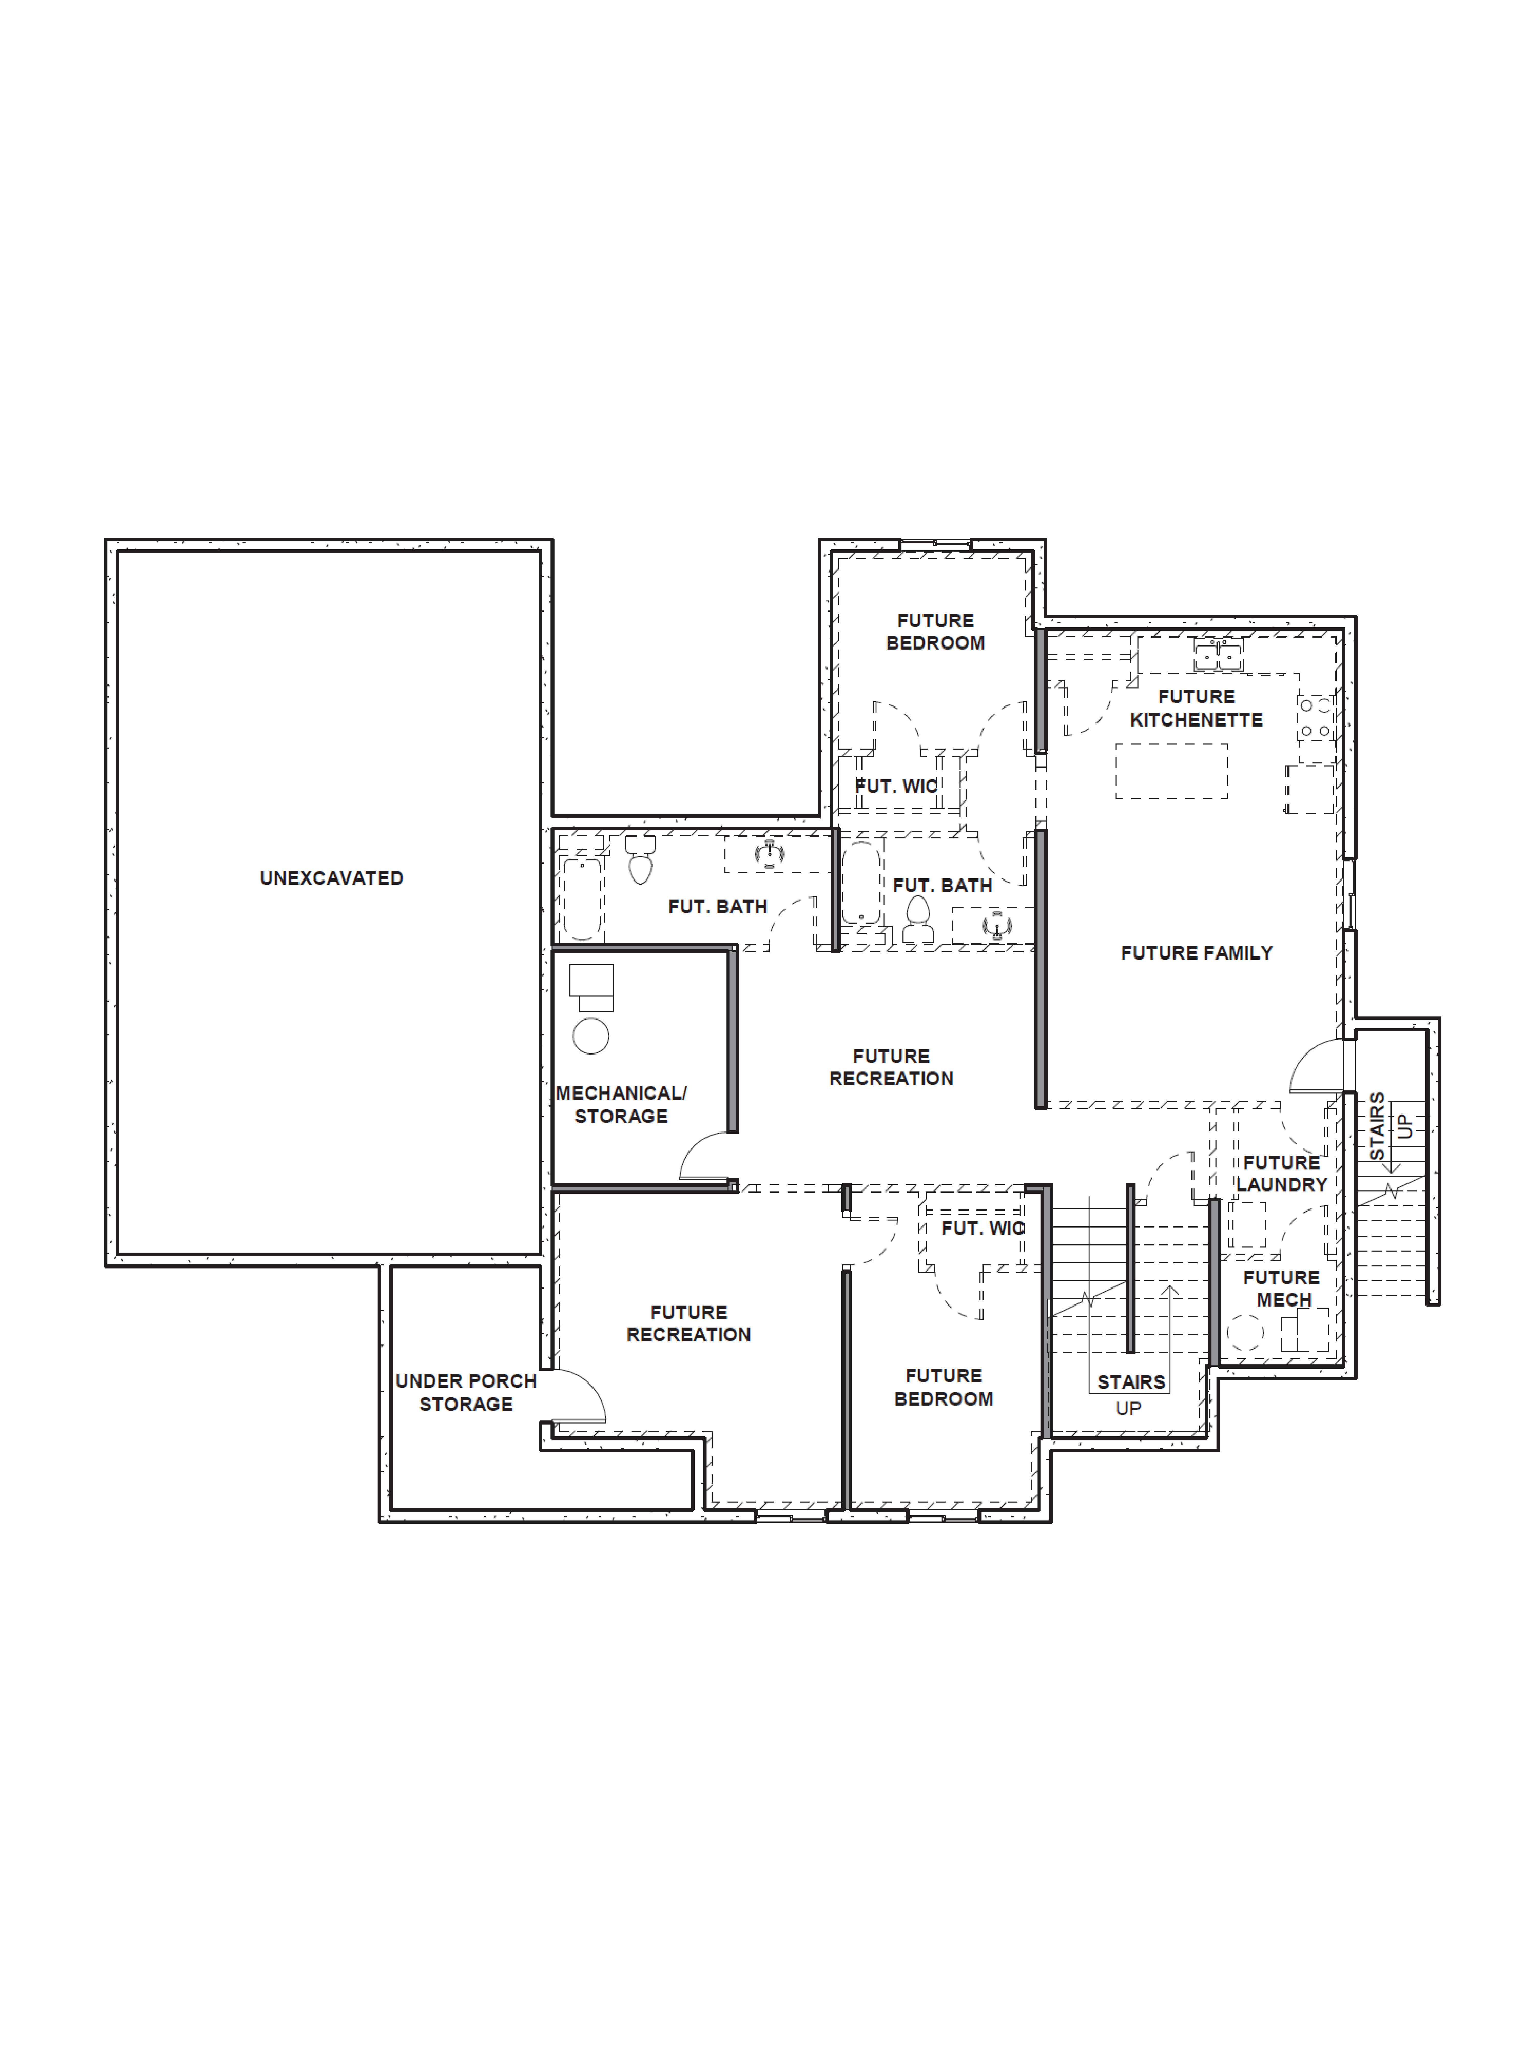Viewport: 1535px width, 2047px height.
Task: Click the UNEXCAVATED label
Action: pyautogui.click(x=331, y=877)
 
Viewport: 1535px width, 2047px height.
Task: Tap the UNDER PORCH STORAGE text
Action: pyautogui.click(x=465, y=1392)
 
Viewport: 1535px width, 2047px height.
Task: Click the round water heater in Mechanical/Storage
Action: pyautogui.click(x=590, y=1036)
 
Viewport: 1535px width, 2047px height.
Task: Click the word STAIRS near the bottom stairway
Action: pyautogui.click(x=1131, y=1382)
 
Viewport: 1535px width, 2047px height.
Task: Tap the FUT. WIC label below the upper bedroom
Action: pyautogui.click(x=896, y=786)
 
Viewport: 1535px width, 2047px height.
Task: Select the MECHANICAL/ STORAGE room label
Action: pyautogui.click(x=621, y=1104)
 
